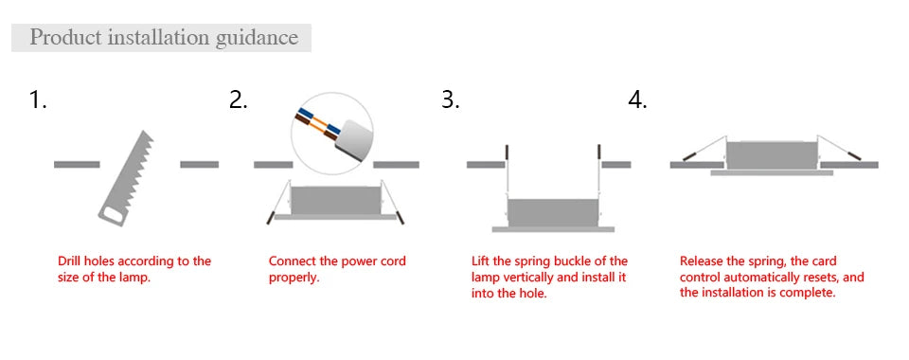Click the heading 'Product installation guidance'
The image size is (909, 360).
(164, 38)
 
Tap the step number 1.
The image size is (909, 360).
(37, 99)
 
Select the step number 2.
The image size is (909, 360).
(239, 99)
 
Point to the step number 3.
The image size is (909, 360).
(450, 99)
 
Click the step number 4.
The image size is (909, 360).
(637, 99)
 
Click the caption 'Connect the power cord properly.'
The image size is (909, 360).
(337, 269)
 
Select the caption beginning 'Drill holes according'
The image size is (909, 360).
(134, 269)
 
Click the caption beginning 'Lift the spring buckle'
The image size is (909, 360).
(549, 277)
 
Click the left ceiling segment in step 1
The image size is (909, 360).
(77, 165)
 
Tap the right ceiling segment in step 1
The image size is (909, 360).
(199, 165)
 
